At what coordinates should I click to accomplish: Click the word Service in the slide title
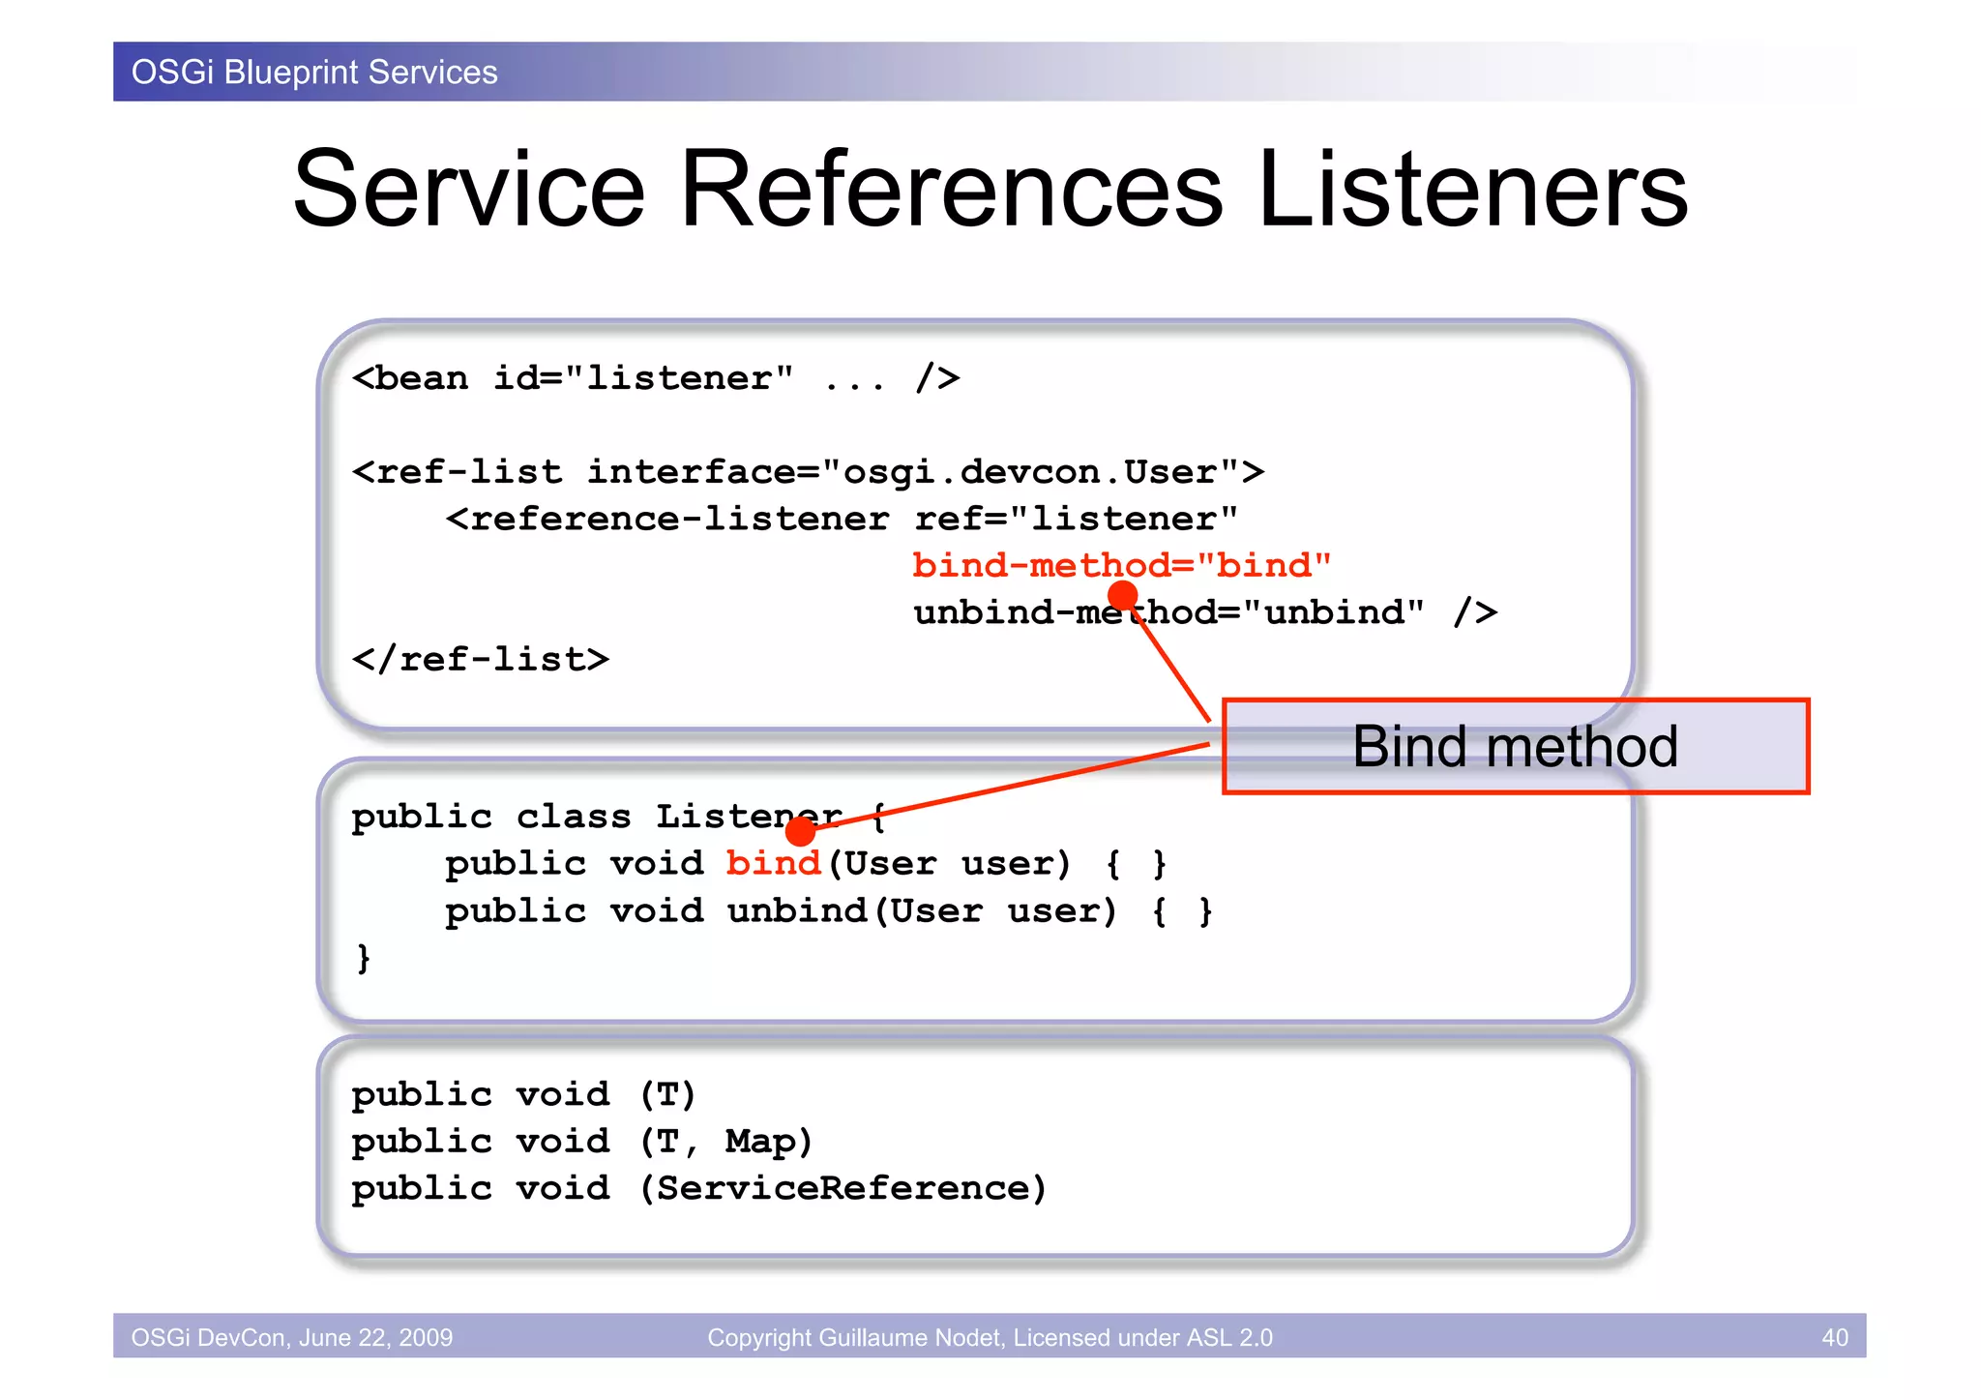(x=469, y=190)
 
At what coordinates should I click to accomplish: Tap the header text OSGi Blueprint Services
(x=314, y=73)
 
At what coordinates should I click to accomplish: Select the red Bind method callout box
(x=1515, y=747)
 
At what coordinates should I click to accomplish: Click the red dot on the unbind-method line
(x=1122, y=595)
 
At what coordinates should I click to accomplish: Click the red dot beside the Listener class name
(x=800, y=830)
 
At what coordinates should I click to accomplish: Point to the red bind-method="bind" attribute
(x=1121, y=565)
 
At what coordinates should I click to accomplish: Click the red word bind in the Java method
(x=773, y=863)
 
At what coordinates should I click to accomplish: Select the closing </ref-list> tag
(x=481, y=660)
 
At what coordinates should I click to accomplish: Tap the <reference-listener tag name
(x=667, y=520)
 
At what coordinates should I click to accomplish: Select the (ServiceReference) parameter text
(x=843, y=1189)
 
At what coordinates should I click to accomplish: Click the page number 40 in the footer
(x=1834, y=1337)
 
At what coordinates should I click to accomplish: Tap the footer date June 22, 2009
(x=375, y=1337)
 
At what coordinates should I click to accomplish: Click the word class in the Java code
(x=573, y=818)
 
